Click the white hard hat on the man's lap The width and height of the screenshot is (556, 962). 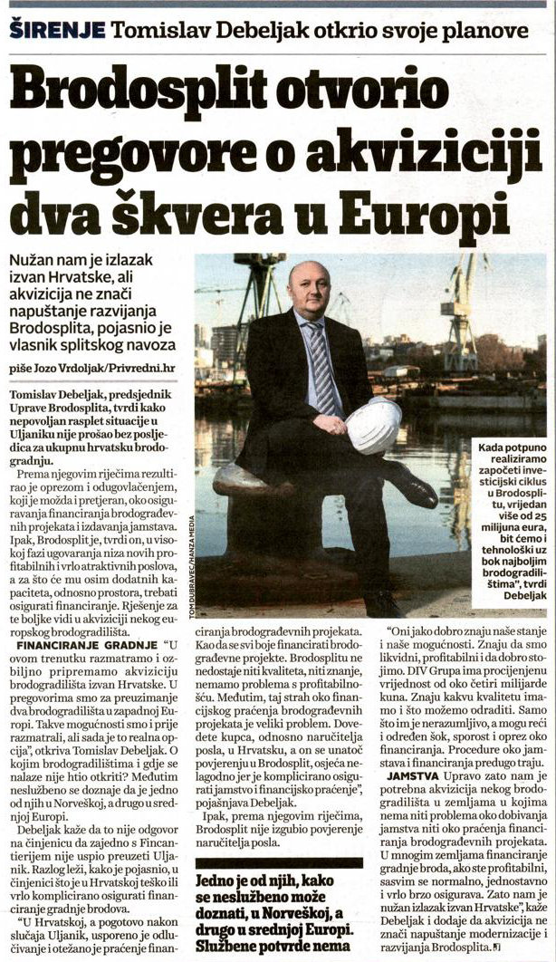point(373,425)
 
